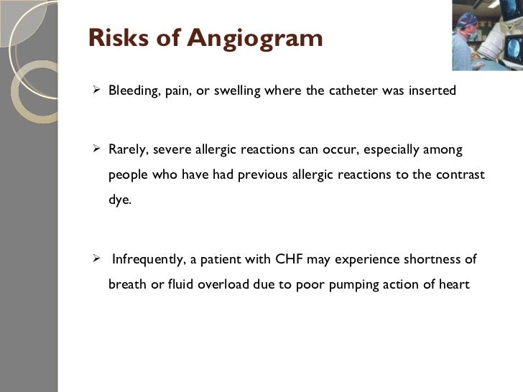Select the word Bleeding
tap(131, 92)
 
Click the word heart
tap(454, 284)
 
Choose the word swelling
tap(239, 92)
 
